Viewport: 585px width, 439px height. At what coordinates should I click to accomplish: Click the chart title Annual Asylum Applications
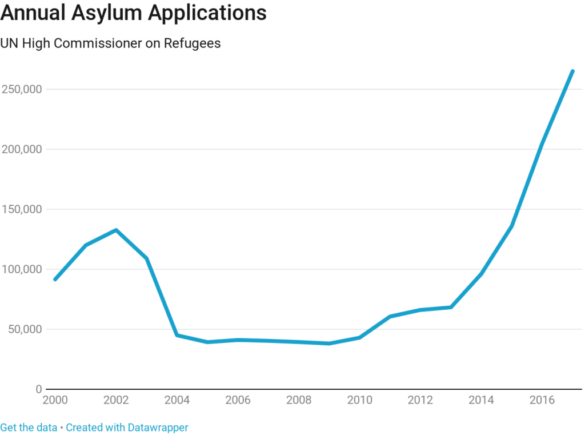pos(133,13)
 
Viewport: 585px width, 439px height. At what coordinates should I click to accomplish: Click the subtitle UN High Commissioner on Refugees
pos(110,43)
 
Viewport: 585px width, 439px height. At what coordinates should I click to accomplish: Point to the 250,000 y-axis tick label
pos(21,89)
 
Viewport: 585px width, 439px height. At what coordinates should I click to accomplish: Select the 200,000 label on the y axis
pos(21,149)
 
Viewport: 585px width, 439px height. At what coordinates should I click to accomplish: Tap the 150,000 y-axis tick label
pos(21,209)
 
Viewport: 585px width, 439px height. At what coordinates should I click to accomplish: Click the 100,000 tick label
pos(21,269)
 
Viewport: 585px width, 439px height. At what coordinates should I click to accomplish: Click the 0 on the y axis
pos(38,389)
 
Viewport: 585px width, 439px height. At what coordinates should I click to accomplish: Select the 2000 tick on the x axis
pos(55,400)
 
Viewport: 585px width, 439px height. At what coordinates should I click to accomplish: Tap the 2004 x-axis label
pos(177,400)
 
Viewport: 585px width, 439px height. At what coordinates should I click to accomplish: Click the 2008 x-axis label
pos(299,400)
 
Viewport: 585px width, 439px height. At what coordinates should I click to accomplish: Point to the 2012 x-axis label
pos(420,400)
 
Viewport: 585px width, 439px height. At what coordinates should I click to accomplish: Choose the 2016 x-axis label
pos(542,400)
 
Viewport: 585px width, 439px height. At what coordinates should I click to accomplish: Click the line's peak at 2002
pos(116,230)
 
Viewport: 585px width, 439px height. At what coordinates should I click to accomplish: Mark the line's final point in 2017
pos(572,71)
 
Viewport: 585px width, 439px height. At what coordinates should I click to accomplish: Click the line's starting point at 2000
pos(55,280)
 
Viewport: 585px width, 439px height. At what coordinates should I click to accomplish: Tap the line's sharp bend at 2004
pos(177,335)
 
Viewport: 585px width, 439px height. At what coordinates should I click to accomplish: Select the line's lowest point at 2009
pos(329,344)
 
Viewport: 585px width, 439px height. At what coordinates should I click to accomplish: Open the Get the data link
pos(29,428)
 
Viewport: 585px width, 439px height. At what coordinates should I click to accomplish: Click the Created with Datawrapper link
pos(127,428)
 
